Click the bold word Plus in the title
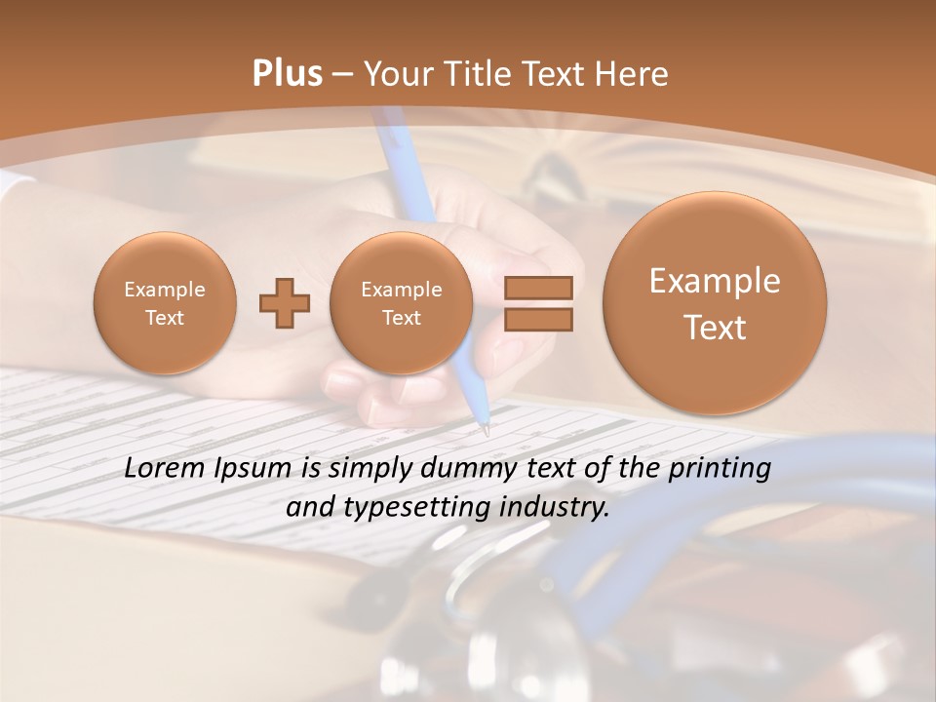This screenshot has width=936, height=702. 287,74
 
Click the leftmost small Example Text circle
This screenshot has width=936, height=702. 165,303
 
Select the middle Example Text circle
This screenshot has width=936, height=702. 401,303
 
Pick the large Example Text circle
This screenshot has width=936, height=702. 715,303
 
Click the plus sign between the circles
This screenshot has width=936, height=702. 285,303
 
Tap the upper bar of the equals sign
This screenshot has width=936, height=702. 538,288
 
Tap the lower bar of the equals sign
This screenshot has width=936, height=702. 538,320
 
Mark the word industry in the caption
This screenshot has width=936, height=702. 555,508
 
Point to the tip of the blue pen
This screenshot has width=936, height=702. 485,430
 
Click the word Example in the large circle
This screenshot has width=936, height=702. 715,282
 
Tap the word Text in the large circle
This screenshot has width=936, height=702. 715,328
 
